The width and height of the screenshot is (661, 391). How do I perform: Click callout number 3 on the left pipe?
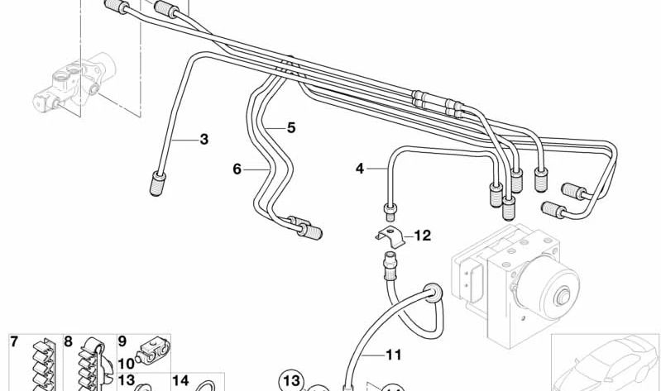click(x=204, y=139)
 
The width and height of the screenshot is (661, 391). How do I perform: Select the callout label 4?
click(x=359, y=169)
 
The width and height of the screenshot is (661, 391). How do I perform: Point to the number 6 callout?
click(x=237, y=169)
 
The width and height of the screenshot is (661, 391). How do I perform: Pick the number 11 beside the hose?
click(x=393, y=355)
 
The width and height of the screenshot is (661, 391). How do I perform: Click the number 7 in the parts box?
click(x=14, y=341)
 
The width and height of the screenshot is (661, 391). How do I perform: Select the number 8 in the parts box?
click(x=69, y=341)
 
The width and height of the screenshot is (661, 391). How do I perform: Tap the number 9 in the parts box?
click(x=122, y=341)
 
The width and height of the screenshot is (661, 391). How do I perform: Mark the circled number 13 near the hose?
click(x=291, y=381)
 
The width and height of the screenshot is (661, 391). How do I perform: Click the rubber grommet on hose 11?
click(x=430, y=291)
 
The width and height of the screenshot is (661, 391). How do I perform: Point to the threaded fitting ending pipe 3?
click(x=156, y=184)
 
